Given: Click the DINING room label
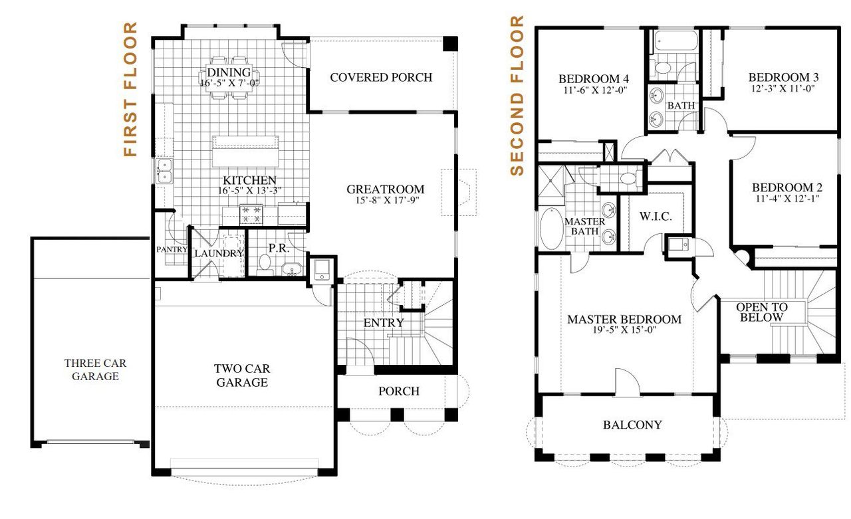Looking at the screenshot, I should pos(229,72).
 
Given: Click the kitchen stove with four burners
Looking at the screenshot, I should pos(252,214).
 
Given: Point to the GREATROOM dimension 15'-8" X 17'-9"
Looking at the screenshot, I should pos(382,200).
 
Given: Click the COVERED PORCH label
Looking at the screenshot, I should pos(381,77).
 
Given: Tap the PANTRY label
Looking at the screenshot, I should pos(172,250).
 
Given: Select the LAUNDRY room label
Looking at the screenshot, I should pos(219,253).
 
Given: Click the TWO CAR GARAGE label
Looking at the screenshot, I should pos(241,375).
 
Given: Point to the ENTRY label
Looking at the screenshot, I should pos(384,323).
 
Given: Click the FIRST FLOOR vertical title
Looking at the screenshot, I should pos(130,89).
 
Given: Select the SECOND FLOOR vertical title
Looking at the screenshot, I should pos(517,96).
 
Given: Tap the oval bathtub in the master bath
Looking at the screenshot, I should pos(551,229).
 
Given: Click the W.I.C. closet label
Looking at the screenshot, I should pos(656,217).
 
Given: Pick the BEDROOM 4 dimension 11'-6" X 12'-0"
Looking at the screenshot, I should pos(593,89).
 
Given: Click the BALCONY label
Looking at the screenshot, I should pos(632,425).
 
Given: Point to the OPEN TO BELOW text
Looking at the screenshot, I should pos(761,312).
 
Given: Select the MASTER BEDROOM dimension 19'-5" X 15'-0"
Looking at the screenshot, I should pos(624,330).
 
